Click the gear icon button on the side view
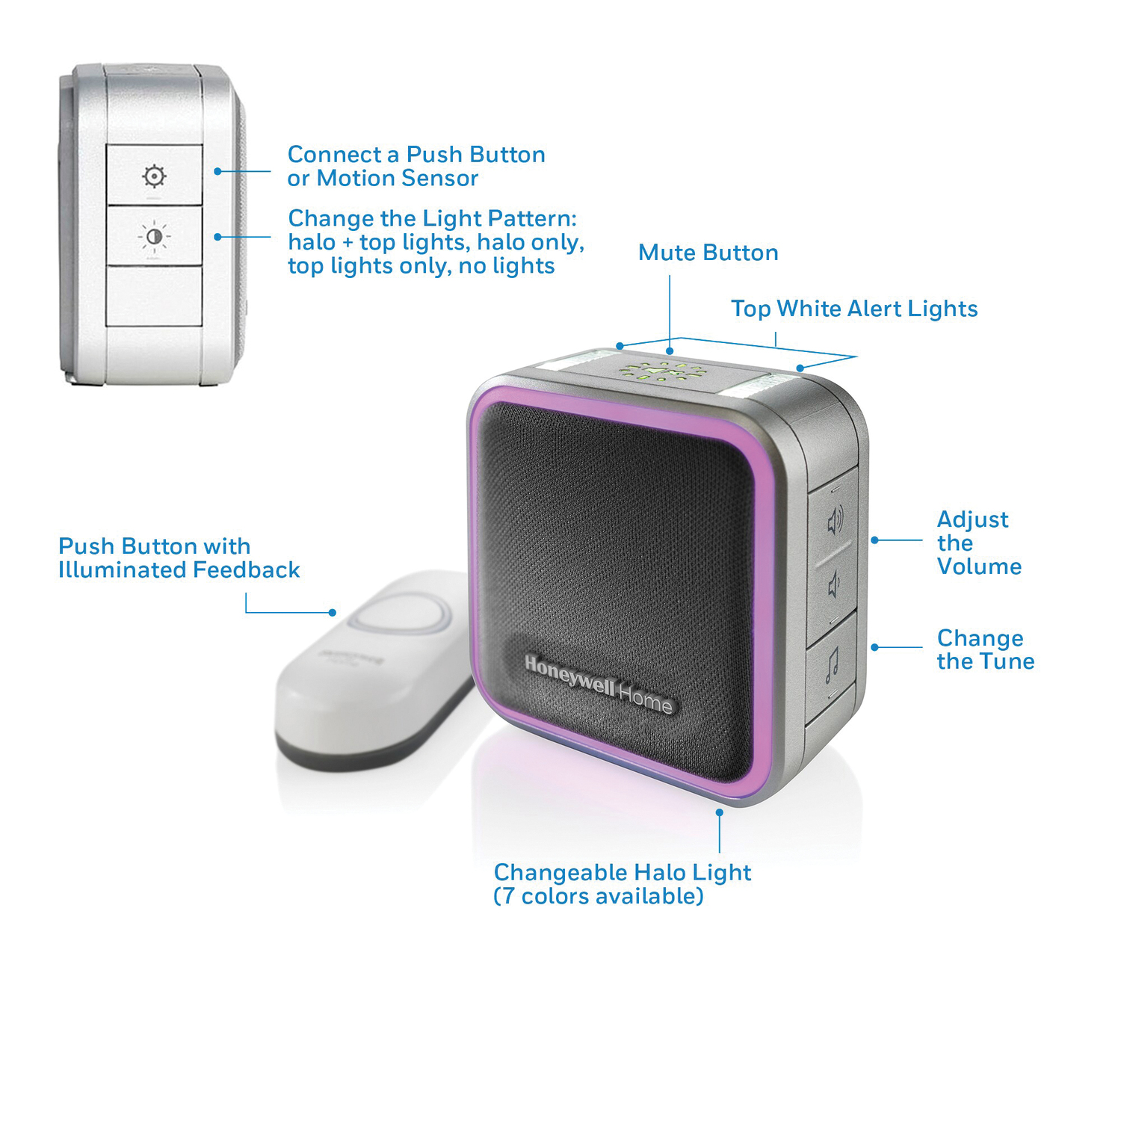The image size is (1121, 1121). pos(154,176)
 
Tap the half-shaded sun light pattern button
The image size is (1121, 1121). pos(154,236)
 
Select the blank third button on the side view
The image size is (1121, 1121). pos(154,296)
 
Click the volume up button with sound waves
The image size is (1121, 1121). pos(835,520)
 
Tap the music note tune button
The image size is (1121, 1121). pos(832,664)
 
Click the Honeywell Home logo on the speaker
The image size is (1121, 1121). pos(598,685)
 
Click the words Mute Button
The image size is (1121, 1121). pos(708,253)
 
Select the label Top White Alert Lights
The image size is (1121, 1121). pos(853,309)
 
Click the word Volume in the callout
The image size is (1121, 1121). pos(979,566)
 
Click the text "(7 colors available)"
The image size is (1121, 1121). pos(599,896)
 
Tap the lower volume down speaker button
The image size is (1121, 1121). pos(835,586)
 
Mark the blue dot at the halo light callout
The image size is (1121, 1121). pos(719,812)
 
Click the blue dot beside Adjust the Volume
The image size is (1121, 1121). pos(874,540)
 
